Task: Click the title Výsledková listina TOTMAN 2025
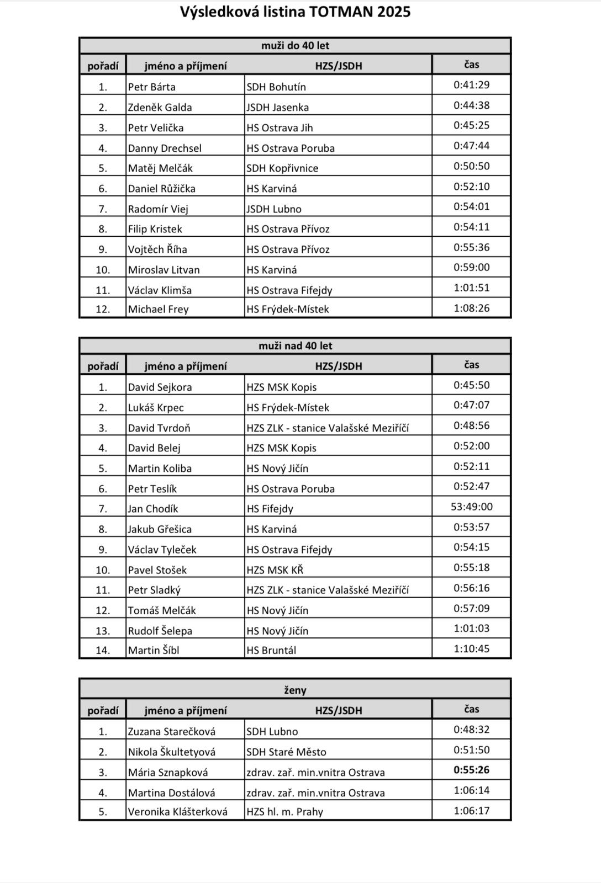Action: pyautogui.click(x=295, y=12)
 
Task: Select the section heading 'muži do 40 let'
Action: pyautogui.click(x=295, y=46)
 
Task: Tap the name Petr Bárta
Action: pyautogui.click(x=152, y=87)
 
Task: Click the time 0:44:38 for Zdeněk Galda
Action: pyautogui.click(x=471, y=105)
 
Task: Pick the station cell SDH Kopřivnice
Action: pyautogui.click(x=282, y=168)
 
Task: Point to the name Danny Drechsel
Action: pyautogui.click(x=165, y=148)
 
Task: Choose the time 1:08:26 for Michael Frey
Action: pyautogui.click(x=471, y=308)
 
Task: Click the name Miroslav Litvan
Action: pyautogui.click(x=164, y=270)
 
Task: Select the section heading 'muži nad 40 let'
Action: pyautogui.click(x=295, y=346)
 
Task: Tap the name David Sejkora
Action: pyautogui.click(x=160, y=387)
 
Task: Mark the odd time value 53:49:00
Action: pyautogui.click(x=471, y=507)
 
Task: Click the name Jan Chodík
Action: pyautogui.click(x=153, y=509)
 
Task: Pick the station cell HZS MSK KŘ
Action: pyautogui.click(x=275, y=570)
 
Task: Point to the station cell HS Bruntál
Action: pyautogui.click(x=271, y=650)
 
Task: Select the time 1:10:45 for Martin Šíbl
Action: pyautogui.click(x=471, y=648)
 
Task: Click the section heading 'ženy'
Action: pyautogui.click(x=295, y=690)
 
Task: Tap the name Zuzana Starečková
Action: pyautogui.click(x=171, y=731)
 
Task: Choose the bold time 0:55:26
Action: pyautogui.click(x=471, y=770)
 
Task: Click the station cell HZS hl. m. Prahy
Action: pyautogui.click(x=284, y=811)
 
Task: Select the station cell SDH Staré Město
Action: pyautogui.click(x=286, y=752)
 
